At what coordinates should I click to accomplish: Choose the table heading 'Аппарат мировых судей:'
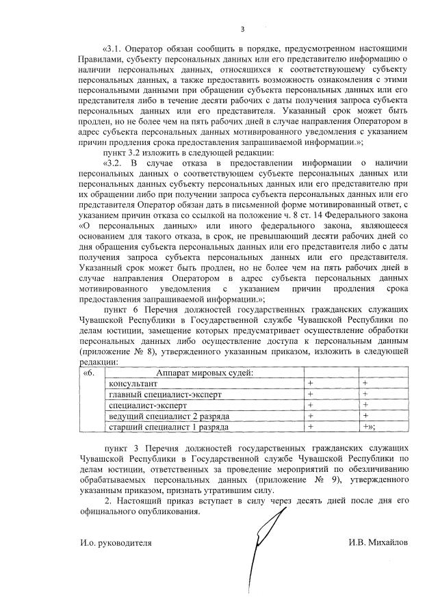click(x=205, y=373)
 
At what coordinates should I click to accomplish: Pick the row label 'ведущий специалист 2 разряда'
click(x=165, y=416)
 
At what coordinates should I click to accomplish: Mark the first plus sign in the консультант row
click(x=310, y=384)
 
